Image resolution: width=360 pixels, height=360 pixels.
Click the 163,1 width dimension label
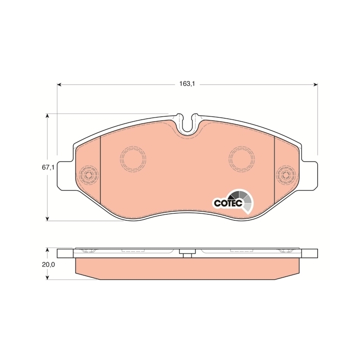click(x=187, y=84)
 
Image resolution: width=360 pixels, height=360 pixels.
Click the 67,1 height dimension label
click(x=48, y=167)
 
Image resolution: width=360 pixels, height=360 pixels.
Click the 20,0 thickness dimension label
click(x=48, y=264)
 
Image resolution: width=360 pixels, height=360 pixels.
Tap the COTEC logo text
click(x=228, y=203)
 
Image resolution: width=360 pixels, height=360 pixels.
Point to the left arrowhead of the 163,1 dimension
click(x=59, y=84)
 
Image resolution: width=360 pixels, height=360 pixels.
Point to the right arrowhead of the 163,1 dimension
click(x=315, y=84)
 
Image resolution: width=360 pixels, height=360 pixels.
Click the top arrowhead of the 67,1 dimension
click(x=47, y=115)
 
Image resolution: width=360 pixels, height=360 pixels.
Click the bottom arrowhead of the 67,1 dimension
click(x=47, y=219)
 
